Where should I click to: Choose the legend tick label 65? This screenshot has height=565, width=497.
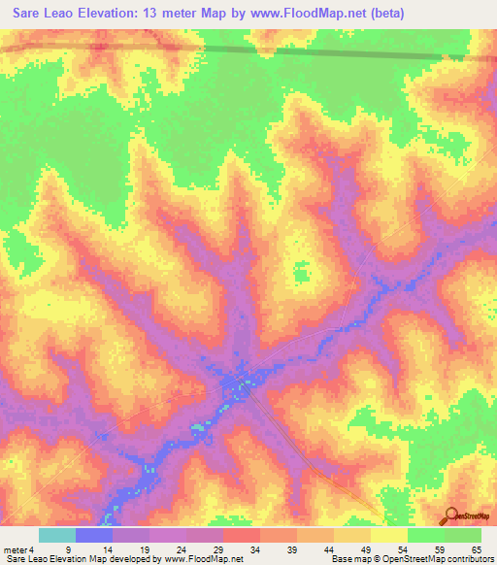(x=476, y=548)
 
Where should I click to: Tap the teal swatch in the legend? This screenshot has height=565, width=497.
(x=57, y=535)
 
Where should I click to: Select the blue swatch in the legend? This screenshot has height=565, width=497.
(x=94, y=535)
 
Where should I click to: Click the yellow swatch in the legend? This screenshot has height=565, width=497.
(x=389, y=535)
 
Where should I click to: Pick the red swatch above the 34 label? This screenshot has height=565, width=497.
(x=242, y=535)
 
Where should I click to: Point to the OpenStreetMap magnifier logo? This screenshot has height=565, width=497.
(x=450, y=515)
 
